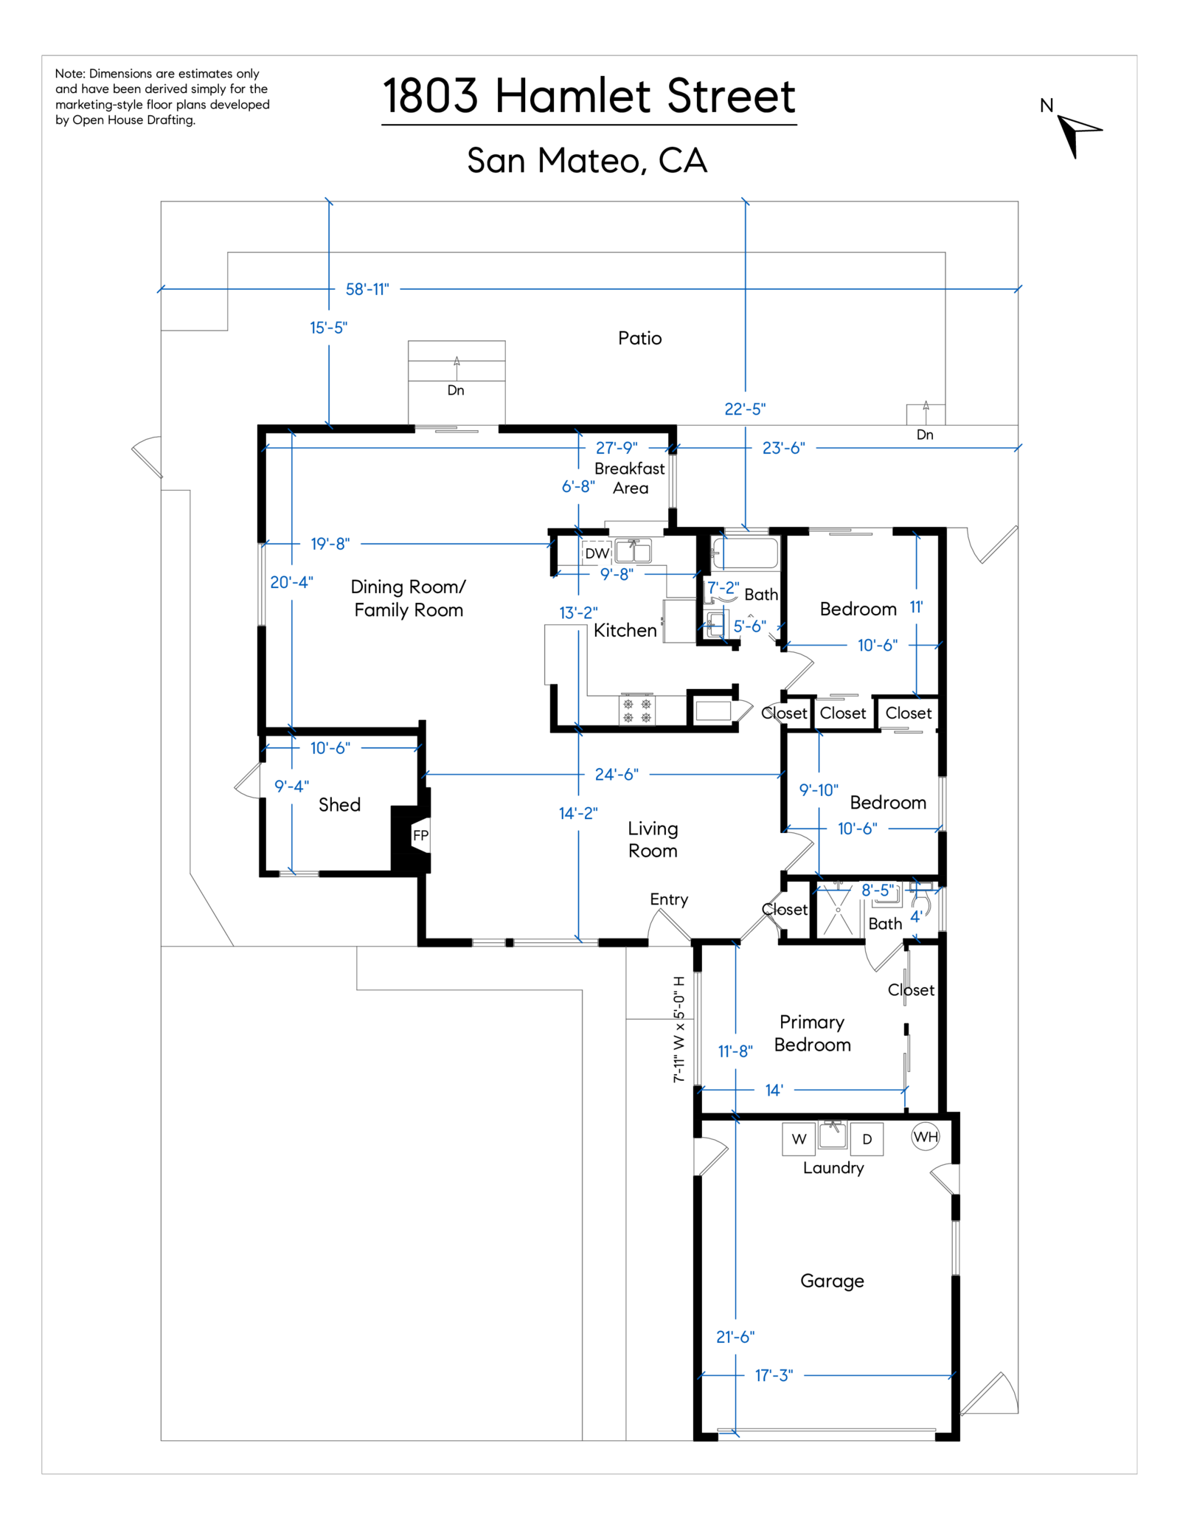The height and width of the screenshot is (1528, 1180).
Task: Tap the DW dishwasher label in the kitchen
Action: click(x=597, y=553)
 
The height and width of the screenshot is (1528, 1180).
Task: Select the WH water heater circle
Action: click(x=925, y=1136)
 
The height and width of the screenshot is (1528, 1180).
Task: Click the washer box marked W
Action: click(x=799, y=1139)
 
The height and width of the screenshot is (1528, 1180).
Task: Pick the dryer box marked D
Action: click(x=867, y=1139)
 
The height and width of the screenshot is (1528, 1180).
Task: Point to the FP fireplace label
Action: click(x=420, y=835)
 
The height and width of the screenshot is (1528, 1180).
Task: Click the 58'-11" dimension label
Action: click(x=367, y=289)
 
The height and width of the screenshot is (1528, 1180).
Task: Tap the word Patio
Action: click(x=639, y=339)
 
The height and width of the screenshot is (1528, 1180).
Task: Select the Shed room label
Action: click(x=339, y=805)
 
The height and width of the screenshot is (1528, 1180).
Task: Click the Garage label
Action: click(x=832, y=1281)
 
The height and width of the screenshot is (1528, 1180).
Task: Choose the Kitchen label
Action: click(x=625, y=630)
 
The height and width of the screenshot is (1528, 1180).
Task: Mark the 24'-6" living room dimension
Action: click(x=617, y=774)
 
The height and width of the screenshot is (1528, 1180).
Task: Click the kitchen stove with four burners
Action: click(x=636, y=711)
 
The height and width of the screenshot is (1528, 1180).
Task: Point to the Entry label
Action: click(x=669, y=899)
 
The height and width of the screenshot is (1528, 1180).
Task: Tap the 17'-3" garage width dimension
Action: click(x=774, y=1375)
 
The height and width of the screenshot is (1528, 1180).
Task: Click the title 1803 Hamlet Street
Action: click(x=589, y=97)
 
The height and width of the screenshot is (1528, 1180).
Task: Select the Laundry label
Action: click(x=833, y=1168)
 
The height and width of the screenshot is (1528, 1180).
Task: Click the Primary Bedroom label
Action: click(x=812, y=1033)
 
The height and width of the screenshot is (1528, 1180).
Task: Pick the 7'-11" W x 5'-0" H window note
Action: click(x=679, y=1029)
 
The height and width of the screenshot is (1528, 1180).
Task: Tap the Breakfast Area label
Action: click(x=630, y=478)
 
